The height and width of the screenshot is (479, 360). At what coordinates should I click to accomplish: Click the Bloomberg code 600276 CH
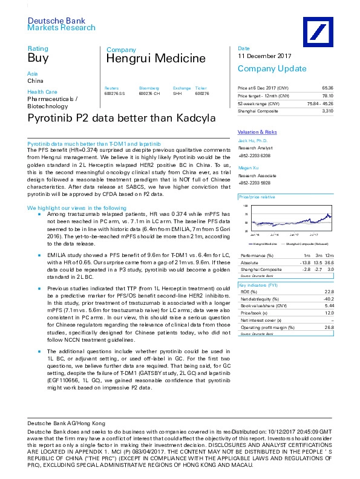[x=149, y=94]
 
